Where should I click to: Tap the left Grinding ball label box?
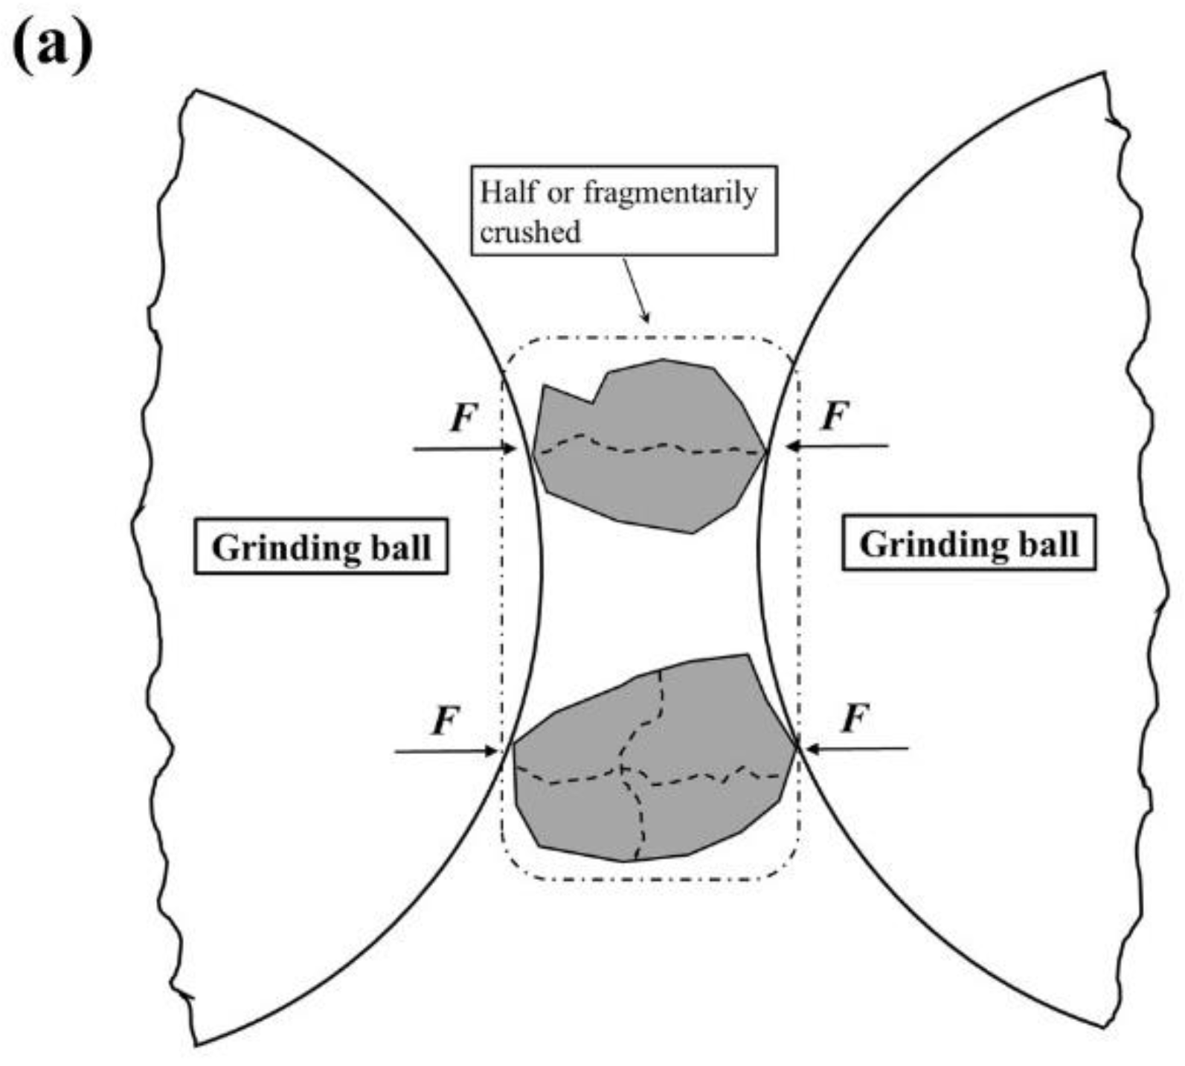[x=321, y=547]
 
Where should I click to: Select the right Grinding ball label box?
[x=968, y=543]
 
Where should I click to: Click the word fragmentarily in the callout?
[x=669, y=193]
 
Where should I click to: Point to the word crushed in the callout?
[x=530, y=232]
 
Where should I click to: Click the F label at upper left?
[x=463, y=418]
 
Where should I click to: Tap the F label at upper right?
[x=835, y=415]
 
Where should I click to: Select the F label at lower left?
[x=445, y=721]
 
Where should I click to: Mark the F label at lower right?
[x=855, y=719]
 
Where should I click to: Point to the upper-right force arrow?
[x=837, y=446]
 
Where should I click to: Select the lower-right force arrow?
[x=855, y=748]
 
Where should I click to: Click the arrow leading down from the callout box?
[x=635, y=290]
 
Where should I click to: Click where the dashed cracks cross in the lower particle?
[x=622, y=769]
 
